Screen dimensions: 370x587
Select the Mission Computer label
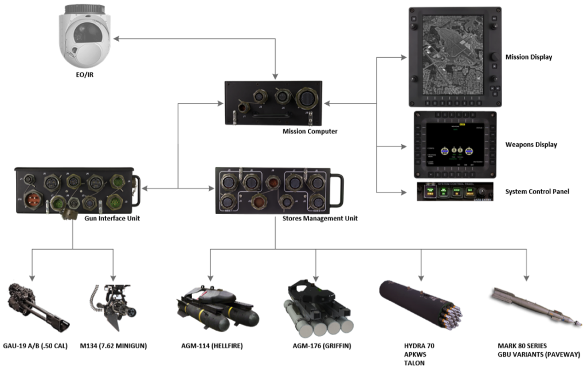point(310,131)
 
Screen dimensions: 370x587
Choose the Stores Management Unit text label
point(320,218)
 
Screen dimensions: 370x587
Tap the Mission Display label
point(529,57)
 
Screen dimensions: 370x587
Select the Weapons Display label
point(531,145)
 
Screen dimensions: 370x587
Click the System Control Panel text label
point(537,191)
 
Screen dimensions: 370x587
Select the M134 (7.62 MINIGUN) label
point(122,345)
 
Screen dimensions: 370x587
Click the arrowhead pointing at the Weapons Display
point(406,147)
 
